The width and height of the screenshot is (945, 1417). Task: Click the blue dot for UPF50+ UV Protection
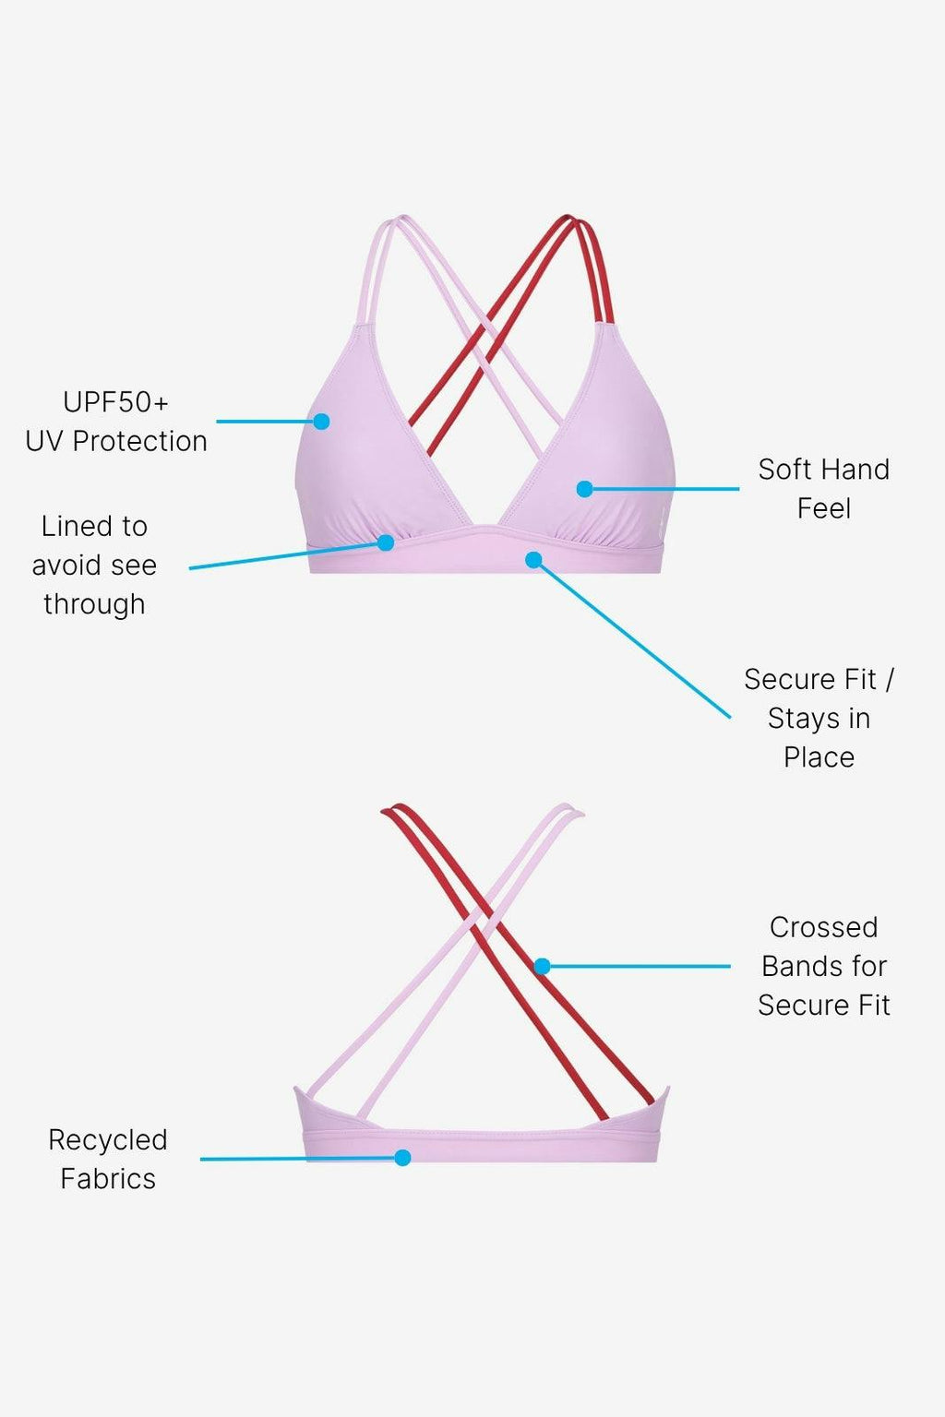click(x=321, y=422)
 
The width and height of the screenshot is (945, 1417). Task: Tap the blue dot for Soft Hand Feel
click(x=584, y=489)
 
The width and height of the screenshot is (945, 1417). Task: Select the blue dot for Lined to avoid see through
click(x=386, y=542)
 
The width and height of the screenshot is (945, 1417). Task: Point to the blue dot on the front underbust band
click(x=533, y=560)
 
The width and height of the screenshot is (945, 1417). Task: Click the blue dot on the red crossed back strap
click(x=543, y=966)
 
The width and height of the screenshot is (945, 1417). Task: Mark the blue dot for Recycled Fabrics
click(x=402, y=1158)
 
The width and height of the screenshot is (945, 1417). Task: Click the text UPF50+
click(x=116, y=402)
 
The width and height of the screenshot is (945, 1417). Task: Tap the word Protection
click(x=139, y=441)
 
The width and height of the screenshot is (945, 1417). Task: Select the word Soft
click(x=787, y=470)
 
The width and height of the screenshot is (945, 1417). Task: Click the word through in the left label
click(x=94, y=604)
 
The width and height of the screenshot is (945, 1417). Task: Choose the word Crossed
click(x=823, y=927)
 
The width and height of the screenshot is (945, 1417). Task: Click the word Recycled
click(x=108, y=1140)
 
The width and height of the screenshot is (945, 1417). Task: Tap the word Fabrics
click(x=108, y=1179)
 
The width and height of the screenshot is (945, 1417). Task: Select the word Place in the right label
click(x=819, y=757)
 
